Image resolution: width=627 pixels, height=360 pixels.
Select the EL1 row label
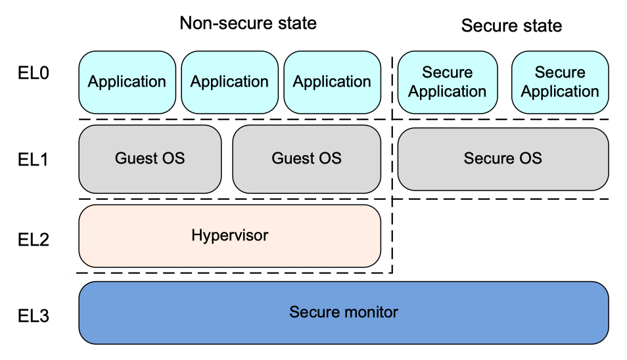coord(33,159)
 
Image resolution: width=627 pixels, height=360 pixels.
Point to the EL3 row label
coord(33,316)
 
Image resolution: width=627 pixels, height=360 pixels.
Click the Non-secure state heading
coord(248,24)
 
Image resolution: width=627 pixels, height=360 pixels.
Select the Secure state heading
coord(511,26)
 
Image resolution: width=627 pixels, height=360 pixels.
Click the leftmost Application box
coord(127,82)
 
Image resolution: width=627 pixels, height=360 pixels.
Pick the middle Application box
coord(229,82)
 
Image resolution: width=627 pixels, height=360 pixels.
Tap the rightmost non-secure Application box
coord(332,82)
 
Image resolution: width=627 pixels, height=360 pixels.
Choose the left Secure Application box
coord(447,82)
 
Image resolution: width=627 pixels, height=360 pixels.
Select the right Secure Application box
coord(560,82)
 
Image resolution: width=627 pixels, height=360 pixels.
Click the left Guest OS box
coord(150,158)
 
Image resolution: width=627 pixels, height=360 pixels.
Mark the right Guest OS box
coord(306,158)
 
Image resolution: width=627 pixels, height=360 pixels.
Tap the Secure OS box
coord(503,158)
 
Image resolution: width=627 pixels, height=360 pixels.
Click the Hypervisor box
coord(229,235)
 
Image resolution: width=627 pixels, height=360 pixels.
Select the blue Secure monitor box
coord(343,312)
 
